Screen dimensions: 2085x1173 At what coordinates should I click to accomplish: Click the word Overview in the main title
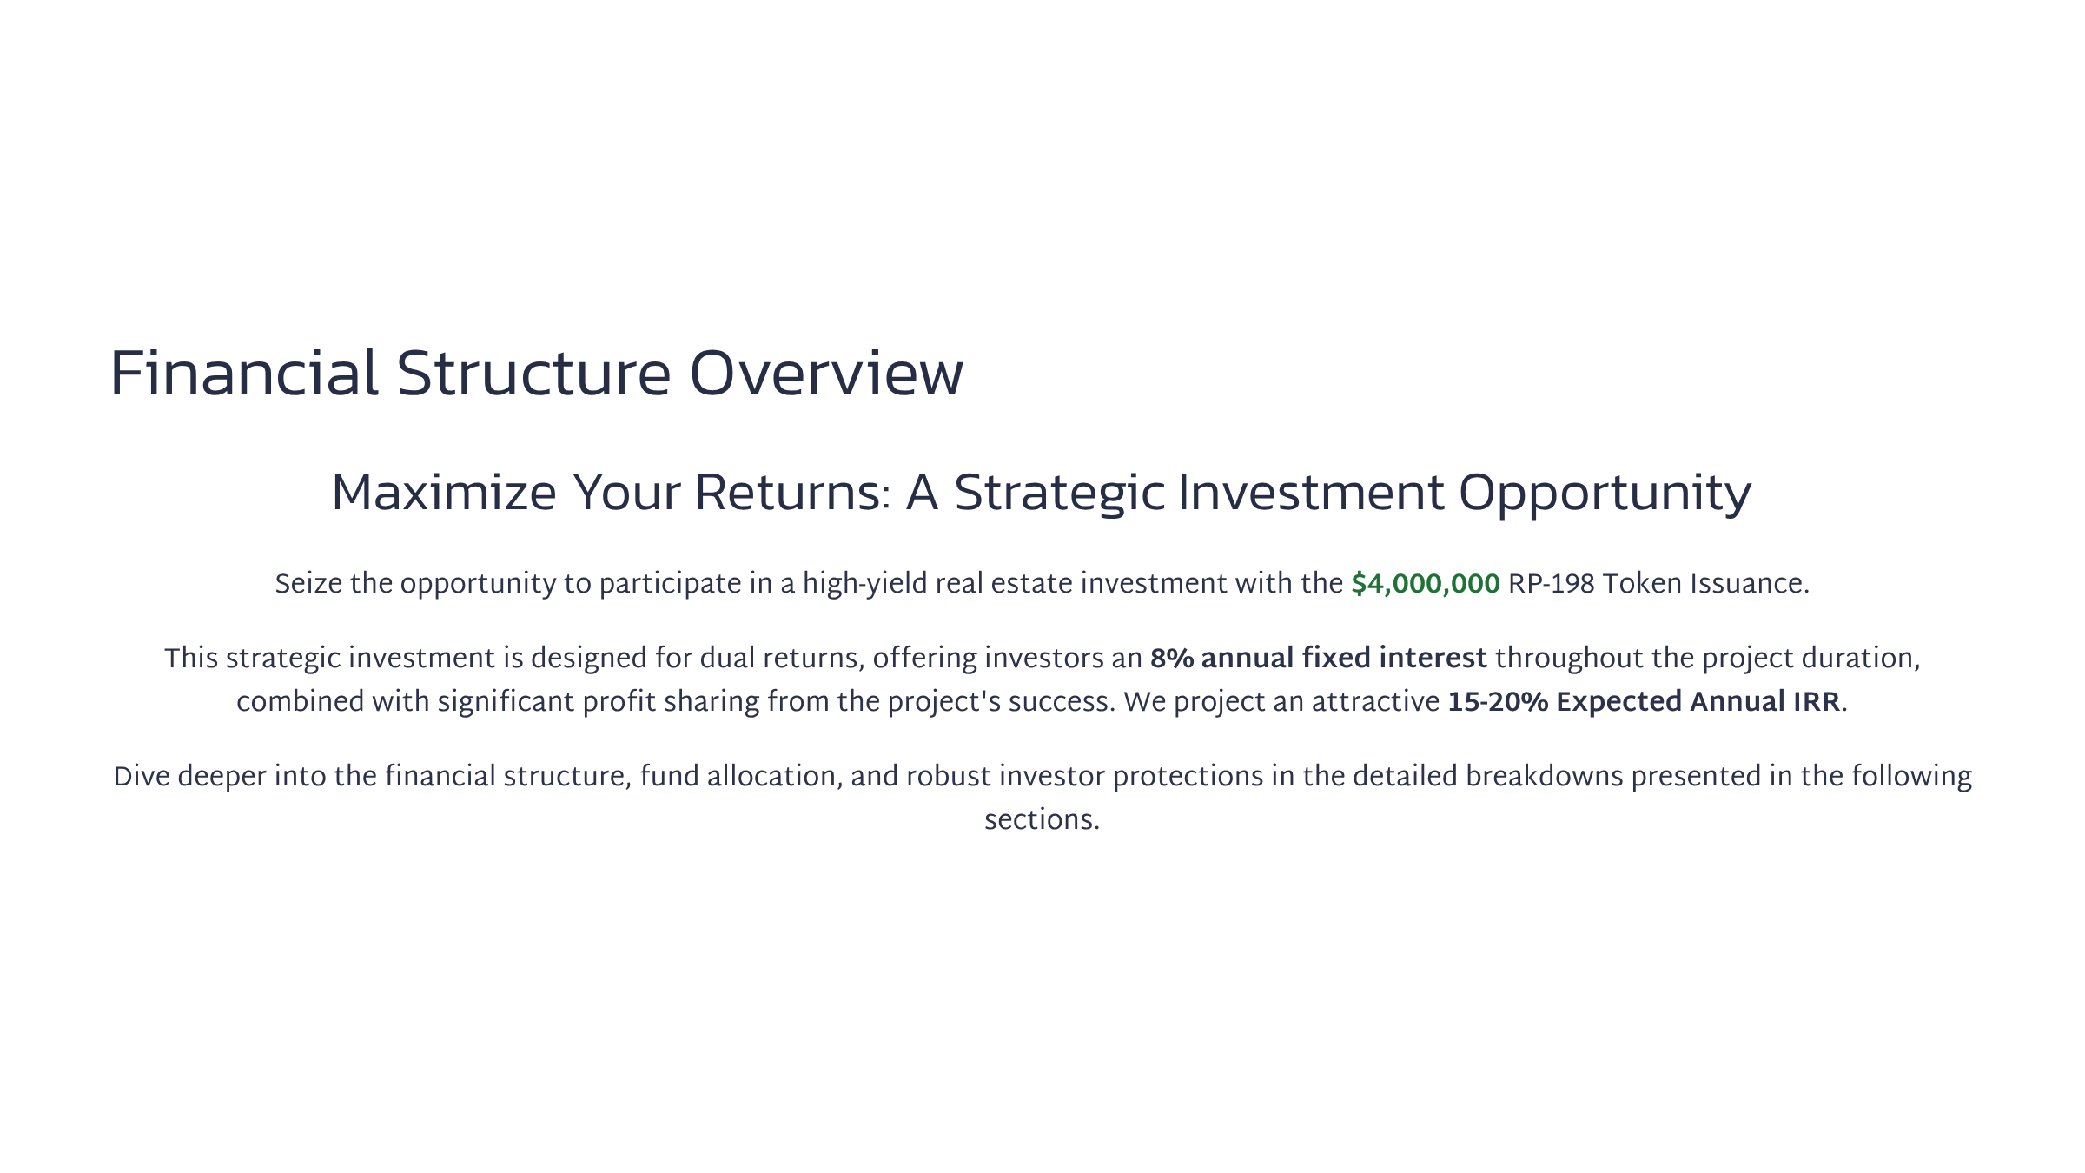click(826, 374)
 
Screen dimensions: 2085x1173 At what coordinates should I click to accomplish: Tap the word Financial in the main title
click(244, 374)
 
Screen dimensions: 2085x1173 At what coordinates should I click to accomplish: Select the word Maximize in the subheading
click(444, 493)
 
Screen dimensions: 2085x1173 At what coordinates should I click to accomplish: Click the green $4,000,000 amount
click(1426, 584)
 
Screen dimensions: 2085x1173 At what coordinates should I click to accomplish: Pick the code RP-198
click(1552, 584)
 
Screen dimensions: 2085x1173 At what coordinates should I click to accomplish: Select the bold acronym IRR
click(1817, 702)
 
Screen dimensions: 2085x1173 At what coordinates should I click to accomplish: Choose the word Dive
click(142, 777)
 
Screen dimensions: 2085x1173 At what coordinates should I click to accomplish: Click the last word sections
click(1042, 820)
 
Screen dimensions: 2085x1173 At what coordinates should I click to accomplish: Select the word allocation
click(775, 777)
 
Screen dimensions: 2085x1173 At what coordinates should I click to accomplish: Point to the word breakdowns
click(1545, 777)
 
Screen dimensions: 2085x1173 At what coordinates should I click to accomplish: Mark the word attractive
click(1375, 702)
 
